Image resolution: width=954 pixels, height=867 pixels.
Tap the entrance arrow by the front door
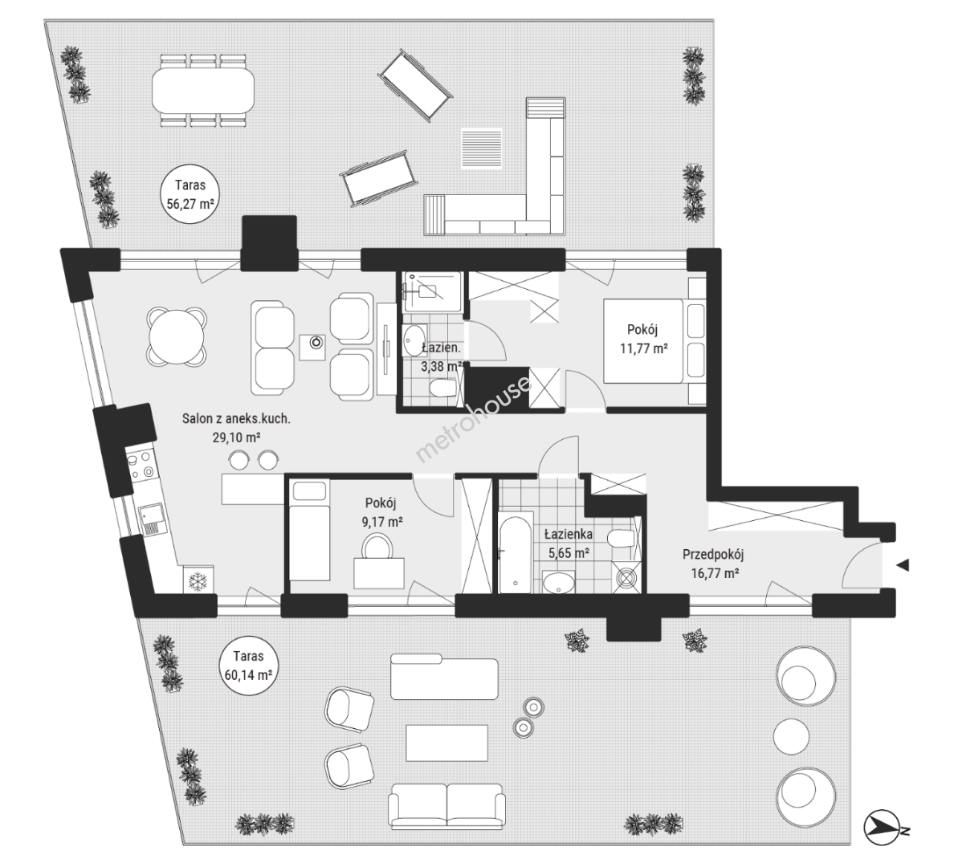(903, 565)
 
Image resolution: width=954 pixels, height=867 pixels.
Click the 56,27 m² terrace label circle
(190, 193)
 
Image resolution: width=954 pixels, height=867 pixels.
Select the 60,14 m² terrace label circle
(249, 665)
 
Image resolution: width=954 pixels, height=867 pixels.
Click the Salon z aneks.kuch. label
(237, 418)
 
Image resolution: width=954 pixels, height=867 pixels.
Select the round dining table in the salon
(177, 336)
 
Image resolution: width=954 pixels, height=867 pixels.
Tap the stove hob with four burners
(140, 463)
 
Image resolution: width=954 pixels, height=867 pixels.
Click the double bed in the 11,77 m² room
(654, 340)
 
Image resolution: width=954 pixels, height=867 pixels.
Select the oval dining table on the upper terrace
(202, 90)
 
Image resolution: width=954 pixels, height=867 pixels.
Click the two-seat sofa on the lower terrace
(447, 805)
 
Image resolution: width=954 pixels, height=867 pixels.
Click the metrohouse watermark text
(472, 419)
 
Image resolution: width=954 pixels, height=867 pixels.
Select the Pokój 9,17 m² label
(381, 512)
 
